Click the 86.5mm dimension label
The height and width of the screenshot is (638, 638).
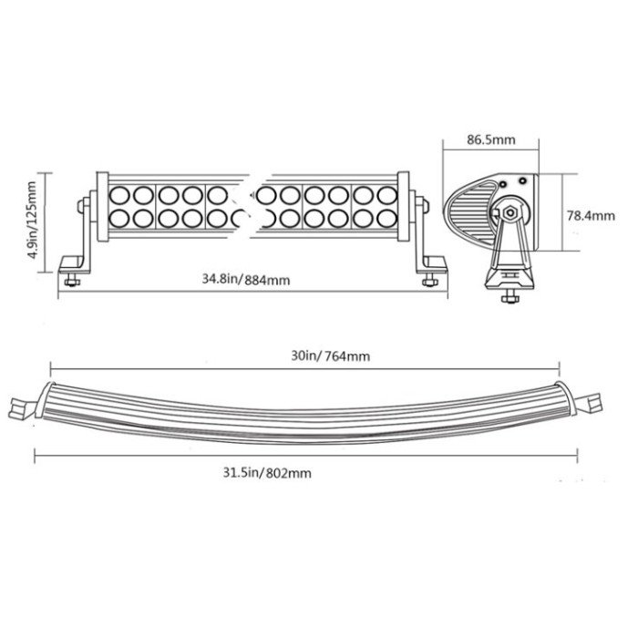click(x=490, y=139)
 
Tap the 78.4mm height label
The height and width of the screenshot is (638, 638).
click(x=591, y=215)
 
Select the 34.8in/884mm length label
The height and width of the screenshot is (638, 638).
click(x=246, y=280)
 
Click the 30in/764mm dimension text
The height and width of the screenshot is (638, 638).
click(x=330, y=356)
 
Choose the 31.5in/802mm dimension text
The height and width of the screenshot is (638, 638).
click(x=267, y=473)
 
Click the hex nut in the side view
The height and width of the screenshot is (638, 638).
click(x=508, y=211)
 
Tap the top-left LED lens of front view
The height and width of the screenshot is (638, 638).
click(x=119, y=195)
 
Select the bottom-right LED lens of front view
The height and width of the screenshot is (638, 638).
click(x=386, y=219)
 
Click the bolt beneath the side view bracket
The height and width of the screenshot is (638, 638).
click(x=509, y=296)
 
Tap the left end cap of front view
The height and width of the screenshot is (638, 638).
click(x=102, y=207)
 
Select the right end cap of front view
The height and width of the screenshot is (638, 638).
click(x=403, y=207)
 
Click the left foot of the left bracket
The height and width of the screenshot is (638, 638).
click(x=73, y=264)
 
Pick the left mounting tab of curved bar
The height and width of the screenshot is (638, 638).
click(x=21, y=408)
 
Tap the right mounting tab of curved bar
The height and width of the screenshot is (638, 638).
click(x=590, y=403)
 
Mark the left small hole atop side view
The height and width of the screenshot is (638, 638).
click(x=503, y=184)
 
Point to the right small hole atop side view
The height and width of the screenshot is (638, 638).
click(x=522, y=179)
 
